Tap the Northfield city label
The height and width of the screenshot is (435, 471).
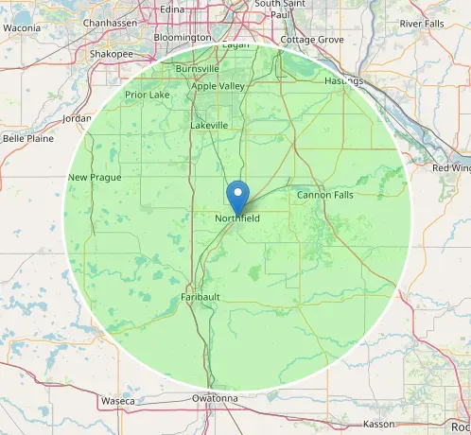[236, 218]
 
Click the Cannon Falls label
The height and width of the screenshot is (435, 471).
[324, 195]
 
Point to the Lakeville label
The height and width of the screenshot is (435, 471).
[209, 125]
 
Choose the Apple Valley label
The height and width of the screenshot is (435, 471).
[218, 86]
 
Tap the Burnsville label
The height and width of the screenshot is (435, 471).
[197, 69]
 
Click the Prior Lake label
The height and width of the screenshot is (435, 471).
[147, 95]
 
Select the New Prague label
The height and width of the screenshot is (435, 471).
[91, 178]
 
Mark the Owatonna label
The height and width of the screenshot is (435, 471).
[214, 398]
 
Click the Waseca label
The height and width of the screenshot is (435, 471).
[118, 401]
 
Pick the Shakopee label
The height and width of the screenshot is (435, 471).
[111, 54]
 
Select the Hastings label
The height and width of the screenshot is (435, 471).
[344, 81]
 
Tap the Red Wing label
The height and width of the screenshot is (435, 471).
[451, 167]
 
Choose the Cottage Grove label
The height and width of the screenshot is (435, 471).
[312, 41]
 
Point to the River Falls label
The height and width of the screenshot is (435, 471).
[422, 23]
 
